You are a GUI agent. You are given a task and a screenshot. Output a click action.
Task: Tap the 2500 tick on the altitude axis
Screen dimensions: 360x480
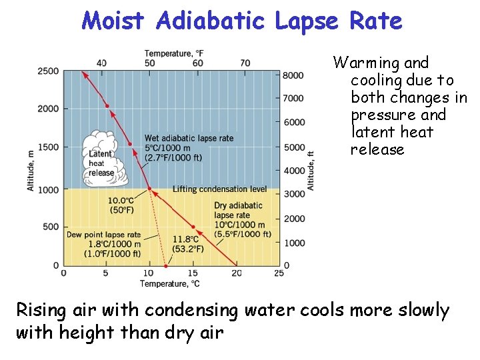coord(48,71)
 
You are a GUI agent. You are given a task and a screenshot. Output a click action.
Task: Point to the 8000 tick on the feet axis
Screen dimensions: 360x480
coord(293,75)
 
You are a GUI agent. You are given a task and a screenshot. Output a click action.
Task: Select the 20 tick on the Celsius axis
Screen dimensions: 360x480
coord(237,273)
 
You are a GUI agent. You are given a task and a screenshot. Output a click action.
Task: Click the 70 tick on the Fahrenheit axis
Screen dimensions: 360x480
coord(245,63)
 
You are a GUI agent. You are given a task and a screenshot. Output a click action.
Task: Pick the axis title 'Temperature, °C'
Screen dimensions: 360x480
coord(171,284)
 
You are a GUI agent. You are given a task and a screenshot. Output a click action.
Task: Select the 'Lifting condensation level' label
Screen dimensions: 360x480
coord(220,189)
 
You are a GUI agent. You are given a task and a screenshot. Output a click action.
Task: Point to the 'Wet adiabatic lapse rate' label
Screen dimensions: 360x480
coord(189,138)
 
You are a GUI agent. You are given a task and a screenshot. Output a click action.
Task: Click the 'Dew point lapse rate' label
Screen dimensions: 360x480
coord(103,235)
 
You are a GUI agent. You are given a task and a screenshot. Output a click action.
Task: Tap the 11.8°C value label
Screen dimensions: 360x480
coord(186,239)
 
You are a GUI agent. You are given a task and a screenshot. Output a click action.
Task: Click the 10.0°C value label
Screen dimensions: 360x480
coord(121,201)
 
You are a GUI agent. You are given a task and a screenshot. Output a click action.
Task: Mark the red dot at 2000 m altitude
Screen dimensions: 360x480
coord(107,106)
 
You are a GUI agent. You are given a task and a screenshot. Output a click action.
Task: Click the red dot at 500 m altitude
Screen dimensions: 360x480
coord(193,227)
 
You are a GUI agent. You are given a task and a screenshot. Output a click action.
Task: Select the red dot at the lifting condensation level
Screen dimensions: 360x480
coord(149,189)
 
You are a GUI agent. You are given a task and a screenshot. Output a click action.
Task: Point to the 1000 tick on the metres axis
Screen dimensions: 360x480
coord(48,189)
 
